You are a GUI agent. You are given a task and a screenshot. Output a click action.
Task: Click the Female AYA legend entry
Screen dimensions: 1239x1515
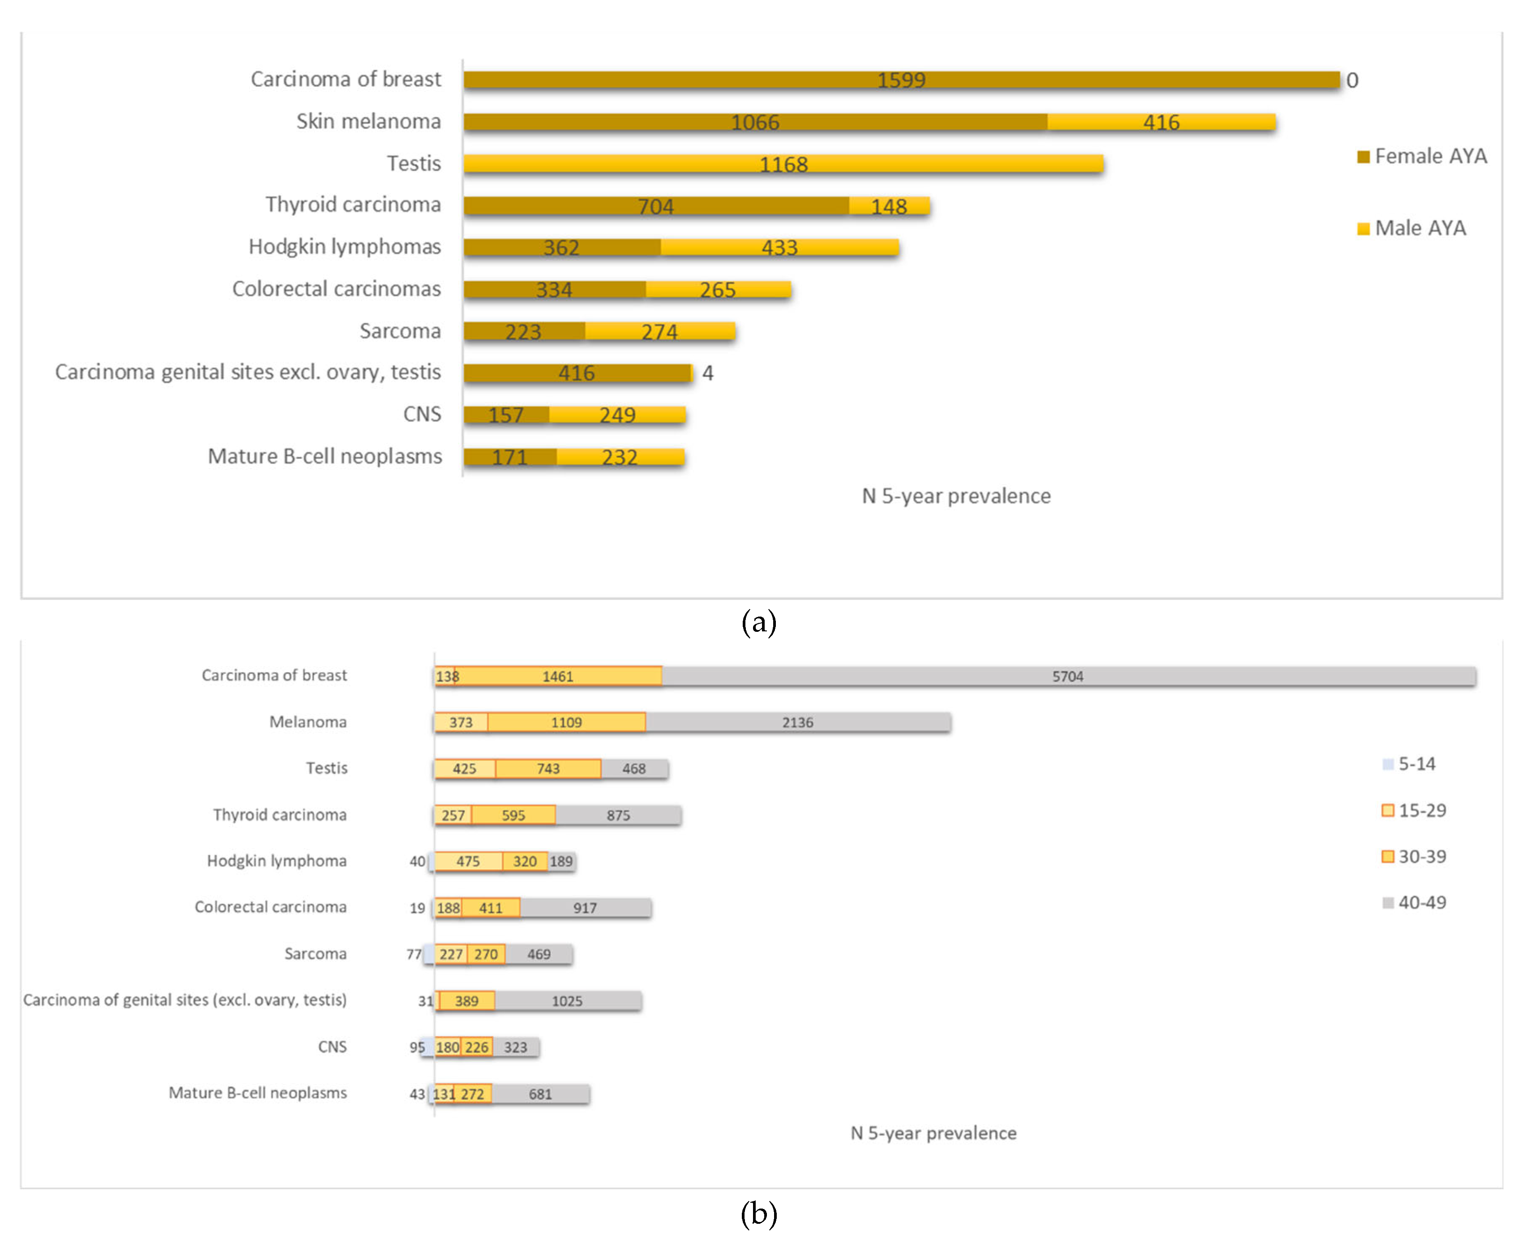pyautogui.click(x=1421, y=156)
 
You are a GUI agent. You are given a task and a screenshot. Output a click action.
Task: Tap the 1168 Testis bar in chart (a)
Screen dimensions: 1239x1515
pyautogui.click(x=783, y=164)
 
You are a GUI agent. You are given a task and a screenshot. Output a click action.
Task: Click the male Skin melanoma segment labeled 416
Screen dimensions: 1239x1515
pyautogui.click(x=1160, y=122)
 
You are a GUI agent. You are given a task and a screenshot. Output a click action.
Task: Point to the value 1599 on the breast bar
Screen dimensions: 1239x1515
pyautogui.click(x=900, y=80)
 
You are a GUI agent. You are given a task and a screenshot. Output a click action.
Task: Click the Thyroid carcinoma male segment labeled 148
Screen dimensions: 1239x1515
pyautogui.click(x=888, y=206)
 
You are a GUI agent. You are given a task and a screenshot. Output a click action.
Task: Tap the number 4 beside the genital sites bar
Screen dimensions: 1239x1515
pyautogui.click(x=707, y=373)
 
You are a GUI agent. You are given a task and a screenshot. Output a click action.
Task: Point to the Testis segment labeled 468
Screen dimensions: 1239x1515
pyautogui.click(x=633, y=769)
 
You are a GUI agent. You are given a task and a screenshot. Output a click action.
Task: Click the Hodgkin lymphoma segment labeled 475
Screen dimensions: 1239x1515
pyautogui.click(x=468, y=862)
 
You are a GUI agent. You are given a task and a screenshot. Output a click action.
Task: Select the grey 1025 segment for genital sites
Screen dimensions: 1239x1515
pyautogui.click(x=566, y=1001)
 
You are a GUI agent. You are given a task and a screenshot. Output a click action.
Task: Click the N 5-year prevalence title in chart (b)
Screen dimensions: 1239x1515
pyautogui.click(x=932, y=1133)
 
